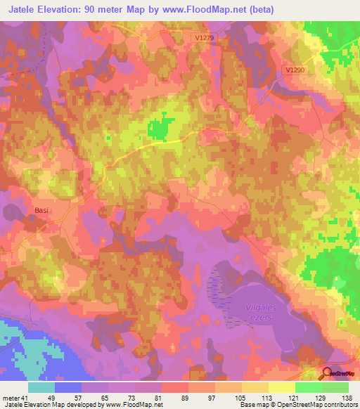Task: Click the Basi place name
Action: [43, 210]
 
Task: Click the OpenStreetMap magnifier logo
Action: [328, 374]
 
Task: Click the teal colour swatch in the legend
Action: [41, 387]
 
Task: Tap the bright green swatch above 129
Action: [309, 387]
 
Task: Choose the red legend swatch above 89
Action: [175, 387]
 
